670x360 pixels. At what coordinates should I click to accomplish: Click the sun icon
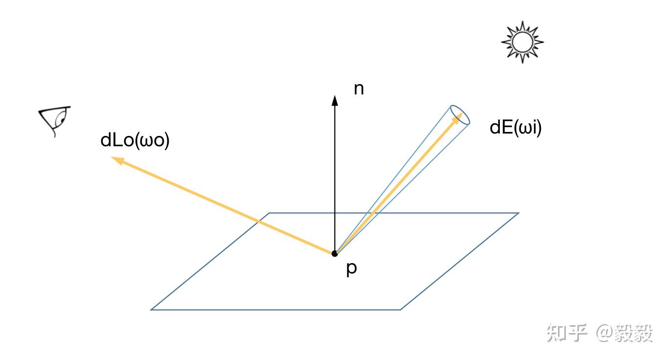[x=522, y=42]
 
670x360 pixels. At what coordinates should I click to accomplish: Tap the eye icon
[x=55, y=120]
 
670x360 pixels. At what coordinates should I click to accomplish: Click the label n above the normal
[x=358, y=90]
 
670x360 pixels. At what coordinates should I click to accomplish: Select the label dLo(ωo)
[x=135, y=141]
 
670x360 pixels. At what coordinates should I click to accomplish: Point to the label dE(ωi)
[x=515, y=128]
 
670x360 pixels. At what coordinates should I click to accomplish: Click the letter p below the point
[x=351, y=269]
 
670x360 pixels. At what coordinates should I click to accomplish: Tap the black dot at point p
[x=335, y=253]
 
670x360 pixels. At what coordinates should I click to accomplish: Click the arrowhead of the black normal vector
[x=335, y=100]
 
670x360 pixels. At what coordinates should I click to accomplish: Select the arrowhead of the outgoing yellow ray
[x=116, y=159]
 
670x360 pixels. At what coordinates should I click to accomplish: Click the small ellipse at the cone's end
[x=460, y=115]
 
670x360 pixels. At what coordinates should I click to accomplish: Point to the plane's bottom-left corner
[x=152, y=309]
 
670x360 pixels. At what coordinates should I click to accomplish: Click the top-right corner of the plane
[x=518, y=213]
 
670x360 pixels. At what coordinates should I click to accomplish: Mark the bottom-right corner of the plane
[x=400, y=309]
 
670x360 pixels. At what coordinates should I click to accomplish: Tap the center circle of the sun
[x=522, y=42]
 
